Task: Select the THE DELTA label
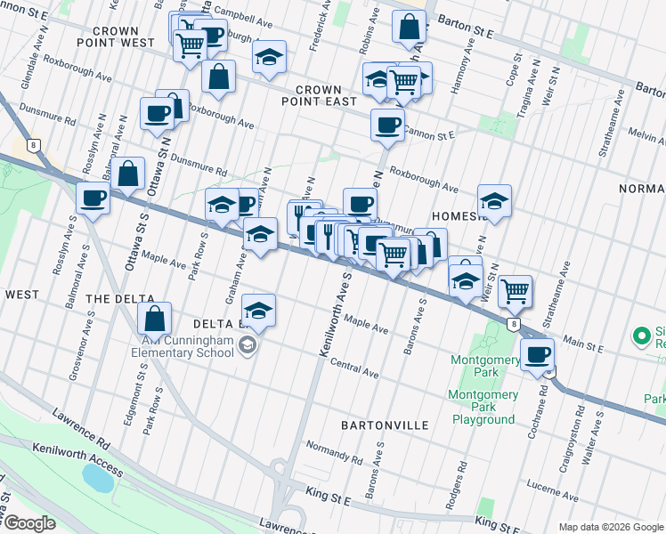pos(120,300)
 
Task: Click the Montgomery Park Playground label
pos(483,407)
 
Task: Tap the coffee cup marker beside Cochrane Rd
pos(538,355)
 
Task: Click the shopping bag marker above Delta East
pos(155,318)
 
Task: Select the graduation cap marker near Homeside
pos(494,200)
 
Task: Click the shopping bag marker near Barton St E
pos(409,28)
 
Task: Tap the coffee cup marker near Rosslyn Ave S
pos(93,198)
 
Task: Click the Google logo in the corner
pos(29,523)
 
